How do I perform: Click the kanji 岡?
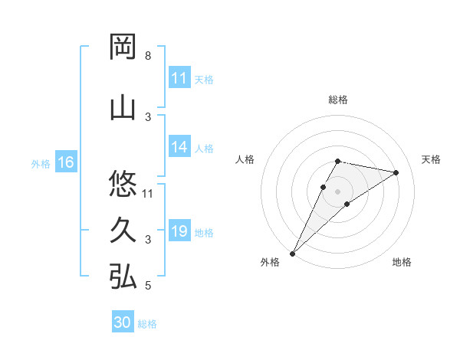pyautogui.click(x=123, y=47)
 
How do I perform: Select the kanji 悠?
pyautogui.click(x=123, y=184)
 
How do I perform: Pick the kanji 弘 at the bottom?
pyautogui.click(x=123, y=277)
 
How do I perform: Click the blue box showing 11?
pyautogui.click(x=179, y=78)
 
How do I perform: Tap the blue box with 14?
pyautogui.click(x=179, y=148)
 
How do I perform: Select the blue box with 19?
pyautogui.click(x=179, y=231)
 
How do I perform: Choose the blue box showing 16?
pyautogui.click(x=66, y=162)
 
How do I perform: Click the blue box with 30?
pyautogui.click(x=123, y=322)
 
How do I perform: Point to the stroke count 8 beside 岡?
pyautogui.click(x=147, y=56)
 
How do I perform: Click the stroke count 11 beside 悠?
pyautogui.click(x=148, y=192)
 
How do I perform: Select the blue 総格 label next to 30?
pyautogui.click(x=147, y=324)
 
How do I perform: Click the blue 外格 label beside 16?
pyautogui.click(x=40, y=163)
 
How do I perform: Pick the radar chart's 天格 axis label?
pyautogui.click(x=432, y=159)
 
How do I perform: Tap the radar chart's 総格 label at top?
pyautogui.click(x=338, y=100)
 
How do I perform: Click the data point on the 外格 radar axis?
pyautogui.click(x=292, y=253)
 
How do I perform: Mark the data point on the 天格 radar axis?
pyautogui.click(x=396, y=172)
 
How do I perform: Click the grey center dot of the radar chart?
pyautogui.click(x=338, y=191)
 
